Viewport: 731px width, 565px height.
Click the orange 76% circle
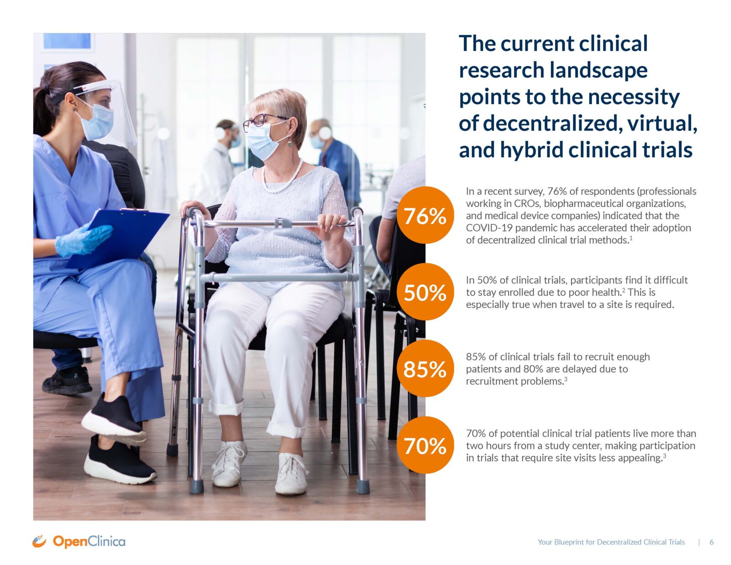[425, 215]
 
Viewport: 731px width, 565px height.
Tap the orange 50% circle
[425, 292]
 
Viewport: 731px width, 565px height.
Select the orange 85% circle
[425, 368]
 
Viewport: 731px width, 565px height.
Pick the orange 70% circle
[425, 445]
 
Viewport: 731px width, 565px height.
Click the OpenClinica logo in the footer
[79, 541]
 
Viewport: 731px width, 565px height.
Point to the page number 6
[711, 542]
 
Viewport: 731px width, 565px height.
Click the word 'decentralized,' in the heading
[552, 123]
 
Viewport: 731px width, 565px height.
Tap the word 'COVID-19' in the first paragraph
[489, 228]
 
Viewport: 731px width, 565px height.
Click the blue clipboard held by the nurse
[118, 238]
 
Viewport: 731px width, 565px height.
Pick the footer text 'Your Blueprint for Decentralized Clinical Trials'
[611, 542]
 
